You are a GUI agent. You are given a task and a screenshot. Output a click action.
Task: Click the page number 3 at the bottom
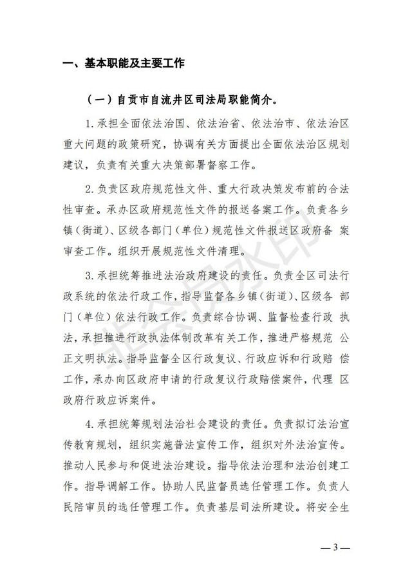click(335, 548)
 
